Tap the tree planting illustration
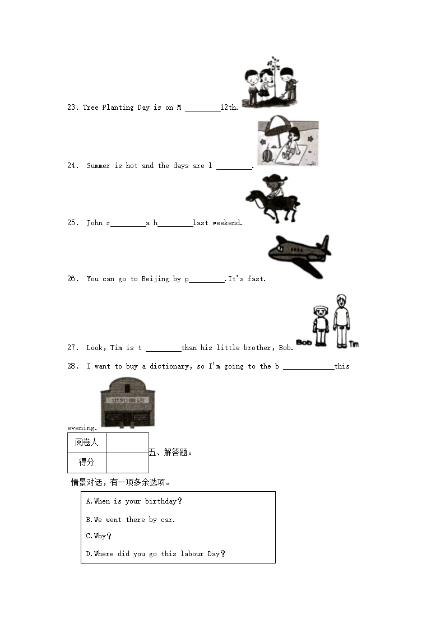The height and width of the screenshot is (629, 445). click(x=269, y=82)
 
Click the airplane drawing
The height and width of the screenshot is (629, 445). click(x=298, y=255)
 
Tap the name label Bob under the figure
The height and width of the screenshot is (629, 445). click(x=304, y=342)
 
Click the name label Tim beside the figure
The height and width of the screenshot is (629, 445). click(x=354, y=344)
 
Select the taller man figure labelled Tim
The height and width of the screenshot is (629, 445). click(x=341, y=321)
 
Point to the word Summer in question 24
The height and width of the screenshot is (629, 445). click(x=98, y=166)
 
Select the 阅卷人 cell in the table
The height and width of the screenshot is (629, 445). click(x=87, y=442)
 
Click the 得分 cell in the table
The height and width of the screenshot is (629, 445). click(x=87, y=463)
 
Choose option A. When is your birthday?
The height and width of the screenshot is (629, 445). click(x=134, y=501)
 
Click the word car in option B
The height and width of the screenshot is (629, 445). click(x=167, y=520)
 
